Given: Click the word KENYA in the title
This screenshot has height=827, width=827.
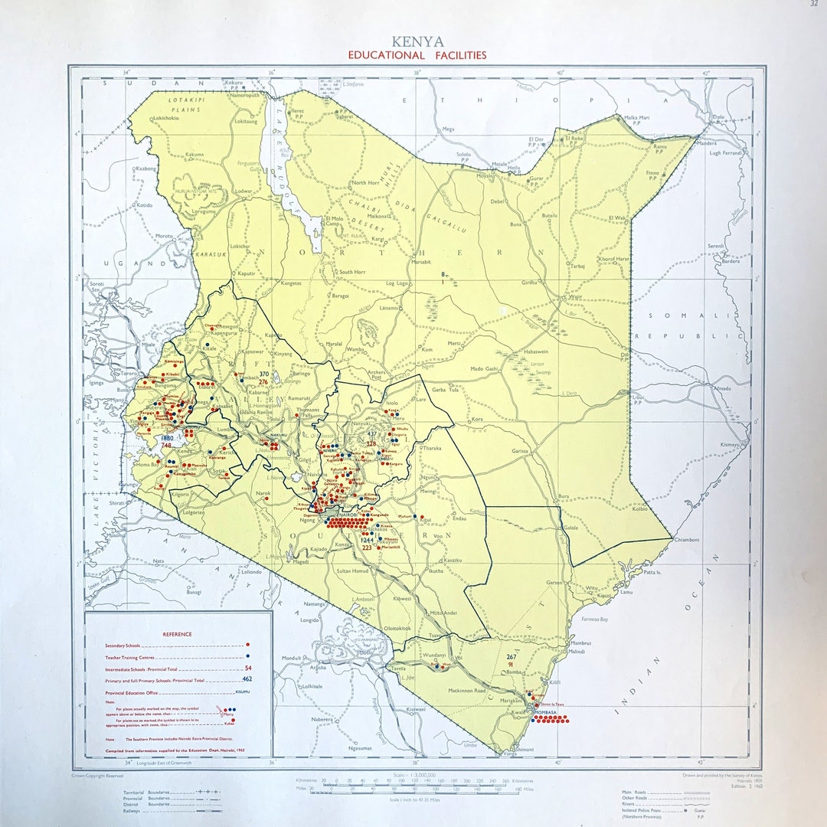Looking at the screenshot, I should click(417, 41).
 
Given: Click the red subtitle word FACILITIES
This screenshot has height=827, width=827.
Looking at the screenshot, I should click(455, 55).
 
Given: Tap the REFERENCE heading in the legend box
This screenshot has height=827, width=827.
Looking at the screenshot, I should click(177, 634).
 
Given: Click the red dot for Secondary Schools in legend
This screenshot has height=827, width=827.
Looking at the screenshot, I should click(248, 645).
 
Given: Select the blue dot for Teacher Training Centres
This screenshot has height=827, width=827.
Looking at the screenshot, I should click(248, 656).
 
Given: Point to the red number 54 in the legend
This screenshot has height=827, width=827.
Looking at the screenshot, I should click(247, 668).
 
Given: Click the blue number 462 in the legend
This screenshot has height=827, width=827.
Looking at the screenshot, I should click(247, 678).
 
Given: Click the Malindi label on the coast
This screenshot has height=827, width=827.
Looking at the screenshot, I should click(577, 652).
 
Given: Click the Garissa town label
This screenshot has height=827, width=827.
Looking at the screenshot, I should click(520, 451).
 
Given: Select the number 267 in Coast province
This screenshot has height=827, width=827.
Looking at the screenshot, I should click(512, 657).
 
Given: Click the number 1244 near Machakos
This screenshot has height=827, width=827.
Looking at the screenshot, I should click(368, 540).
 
